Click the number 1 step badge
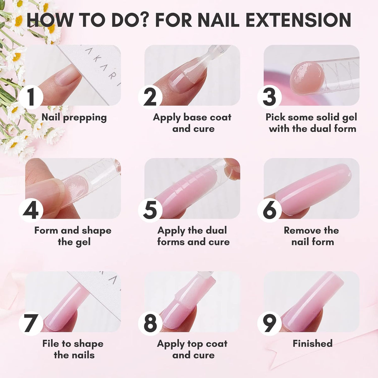[x=31, y=97]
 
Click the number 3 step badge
[x=270, y=97]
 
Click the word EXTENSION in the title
[x=298, y=20]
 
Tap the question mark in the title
[x=143, y=20]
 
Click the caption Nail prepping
[x=74, y=118]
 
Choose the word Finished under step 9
[x=312, y=343]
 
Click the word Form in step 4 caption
[x=47, y=231]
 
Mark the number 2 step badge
[x=150, y=97]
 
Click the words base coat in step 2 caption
[x=207, y=117]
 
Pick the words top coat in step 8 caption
[x=207, y=343]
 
